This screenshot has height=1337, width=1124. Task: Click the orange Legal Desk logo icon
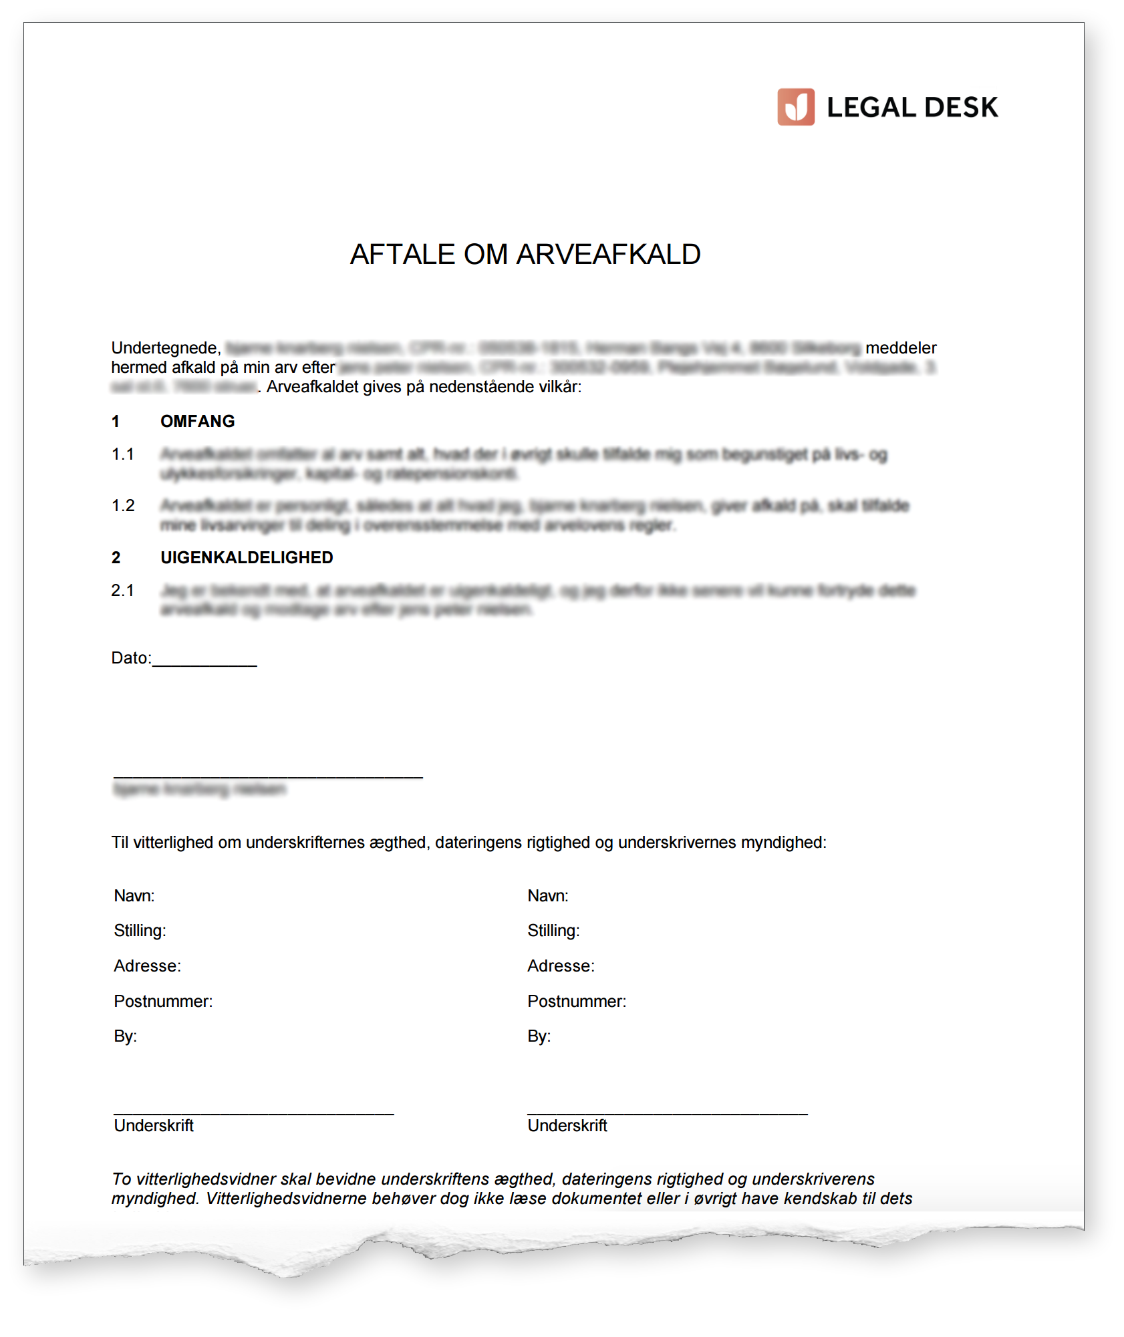[795, 107]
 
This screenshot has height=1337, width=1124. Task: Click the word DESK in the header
[961, 108]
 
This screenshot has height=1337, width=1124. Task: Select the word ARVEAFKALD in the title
[608, 255]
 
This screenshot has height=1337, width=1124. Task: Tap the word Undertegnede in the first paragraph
[165, 348]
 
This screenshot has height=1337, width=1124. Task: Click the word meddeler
[901, 348]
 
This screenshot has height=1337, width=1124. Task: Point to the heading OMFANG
[198, 422]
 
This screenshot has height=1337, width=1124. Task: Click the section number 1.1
[123, 454]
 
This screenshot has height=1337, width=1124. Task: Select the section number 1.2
[123, 506]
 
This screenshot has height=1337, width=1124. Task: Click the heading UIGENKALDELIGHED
[247, 558]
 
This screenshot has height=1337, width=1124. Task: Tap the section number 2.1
[123, 591]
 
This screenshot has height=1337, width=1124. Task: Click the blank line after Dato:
[204, 663]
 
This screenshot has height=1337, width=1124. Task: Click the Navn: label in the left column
[134, 896]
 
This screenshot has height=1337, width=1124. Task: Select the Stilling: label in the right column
[553, 931]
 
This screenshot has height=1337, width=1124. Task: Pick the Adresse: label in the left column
[147, 966]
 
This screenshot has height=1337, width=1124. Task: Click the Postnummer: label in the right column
[577, 1002]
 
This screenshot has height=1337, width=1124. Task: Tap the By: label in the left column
[126, 1036]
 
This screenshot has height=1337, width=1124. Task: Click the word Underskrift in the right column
[567, 1126]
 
